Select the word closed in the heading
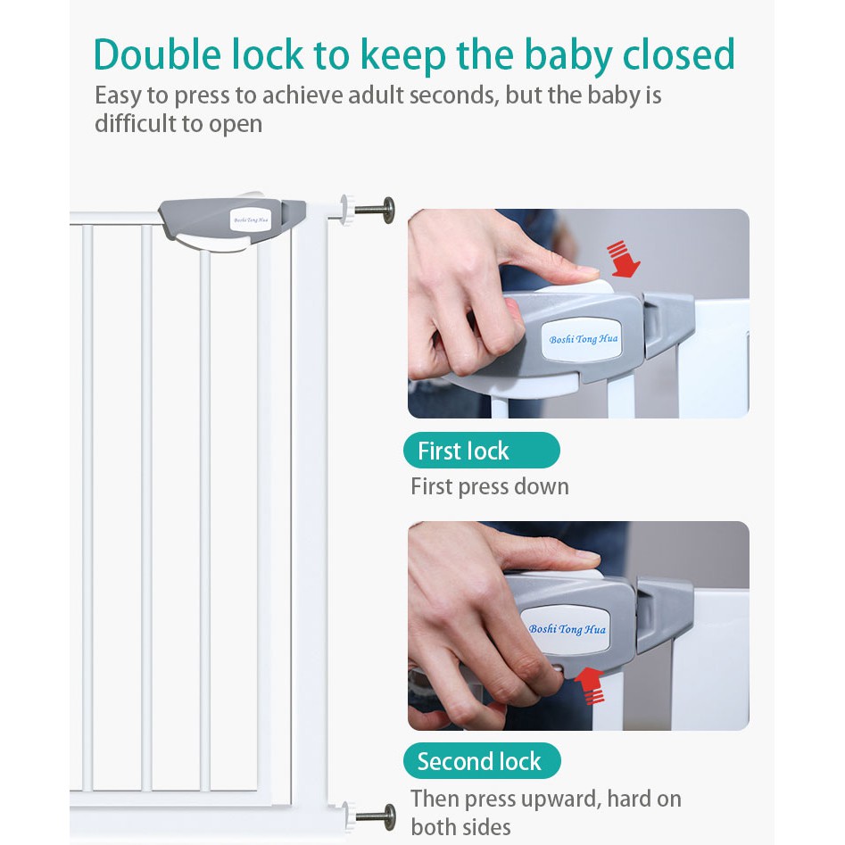pos(679,54)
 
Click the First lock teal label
pos(481,451)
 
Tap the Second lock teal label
pos(482,761)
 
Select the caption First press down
pos(489,486)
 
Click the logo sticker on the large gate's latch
pos(251,220)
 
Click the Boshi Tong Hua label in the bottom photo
pos(567,629)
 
